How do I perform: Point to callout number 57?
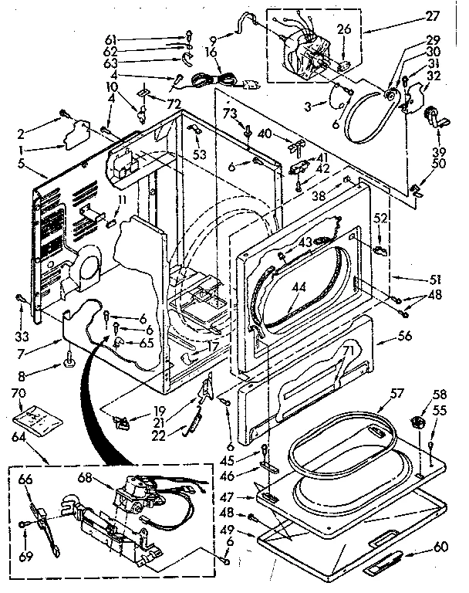pos(394,393)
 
